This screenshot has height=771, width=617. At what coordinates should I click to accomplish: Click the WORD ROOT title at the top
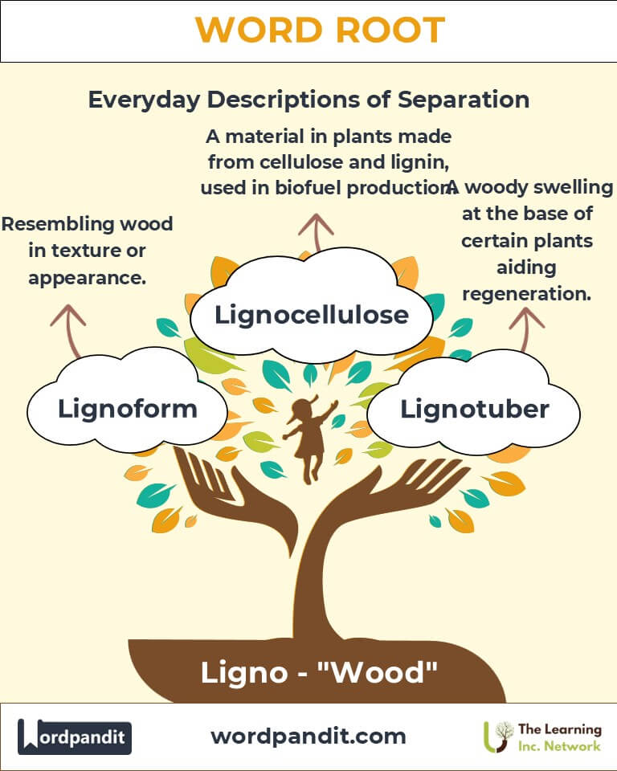[320, 30]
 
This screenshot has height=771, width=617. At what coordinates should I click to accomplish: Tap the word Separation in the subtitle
[464, 100]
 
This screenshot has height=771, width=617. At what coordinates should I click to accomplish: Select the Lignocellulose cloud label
[312, 315]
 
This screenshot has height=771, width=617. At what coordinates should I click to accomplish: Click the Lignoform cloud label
[128, 409]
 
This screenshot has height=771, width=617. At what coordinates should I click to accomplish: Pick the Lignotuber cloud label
[475, 409]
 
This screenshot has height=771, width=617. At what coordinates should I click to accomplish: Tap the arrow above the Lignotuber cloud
[526, 328]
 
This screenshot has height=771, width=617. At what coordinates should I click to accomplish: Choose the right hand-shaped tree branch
[394, 492]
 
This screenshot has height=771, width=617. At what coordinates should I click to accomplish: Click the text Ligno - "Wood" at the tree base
[319, 672]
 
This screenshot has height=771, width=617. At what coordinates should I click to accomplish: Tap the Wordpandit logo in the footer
[75, 736]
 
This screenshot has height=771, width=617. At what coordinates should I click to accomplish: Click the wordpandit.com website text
[308, 736]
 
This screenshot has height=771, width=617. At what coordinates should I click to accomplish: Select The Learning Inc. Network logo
[542, 736]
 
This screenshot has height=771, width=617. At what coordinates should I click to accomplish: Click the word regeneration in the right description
[526, 294]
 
